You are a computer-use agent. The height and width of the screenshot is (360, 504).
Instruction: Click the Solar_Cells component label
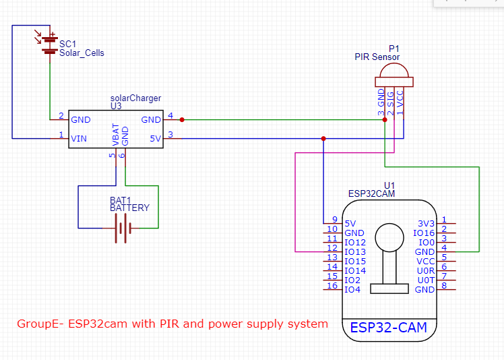tap(82, 53)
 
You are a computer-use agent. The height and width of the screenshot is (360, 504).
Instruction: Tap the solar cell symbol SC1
tap(48, 44)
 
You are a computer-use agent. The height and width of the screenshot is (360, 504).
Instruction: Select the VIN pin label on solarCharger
tap(79, 139)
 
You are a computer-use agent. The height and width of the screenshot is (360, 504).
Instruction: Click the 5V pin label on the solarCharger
tap(155, 139)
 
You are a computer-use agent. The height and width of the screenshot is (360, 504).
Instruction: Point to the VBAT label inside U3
tap(116, 135)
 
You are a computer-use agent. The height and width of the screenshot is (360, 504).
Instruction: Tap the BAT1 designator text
tap(120, 200)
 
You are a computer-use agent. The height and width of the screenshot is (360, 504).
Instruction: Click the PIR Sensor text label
tap(377, 57)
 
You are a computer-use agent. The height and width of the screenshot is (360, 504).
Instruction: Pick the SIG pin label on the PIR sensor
tap(391, 99)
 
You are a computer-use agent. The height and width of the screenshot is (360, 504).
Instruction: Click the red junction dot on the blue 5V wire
tap(323, 139)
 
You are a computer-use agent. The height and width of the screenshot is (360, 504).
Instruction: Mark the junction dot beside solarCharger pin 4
tap(182, 120)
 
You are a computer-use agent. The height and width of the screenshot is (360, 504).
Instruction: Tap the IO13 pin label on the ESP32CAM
tap(355, 252)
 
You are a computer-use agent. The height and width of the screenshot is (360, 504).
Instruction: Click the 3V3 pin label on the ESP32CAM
tap(427, 223)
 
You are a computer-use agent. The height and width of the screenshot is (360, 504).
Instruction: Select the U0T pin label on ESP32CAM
tap(427, 280)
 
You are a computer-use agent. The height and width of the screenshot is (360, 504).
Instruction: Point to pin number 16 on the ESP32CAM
tap(332, 286)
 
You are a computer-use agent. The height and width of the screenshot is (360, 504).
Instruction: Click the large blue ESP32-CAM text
tap(388, 328)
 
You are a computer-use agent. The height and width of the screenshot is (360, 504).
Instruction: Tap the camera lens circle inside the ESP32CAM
tap(389, 237)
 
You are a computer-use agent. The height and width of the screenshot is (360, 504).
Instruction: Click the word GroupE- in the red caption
tap(38, 324)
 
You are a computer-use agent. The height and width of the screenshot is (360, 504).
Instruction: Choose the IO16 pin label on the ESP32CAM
tap(424, 233)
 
